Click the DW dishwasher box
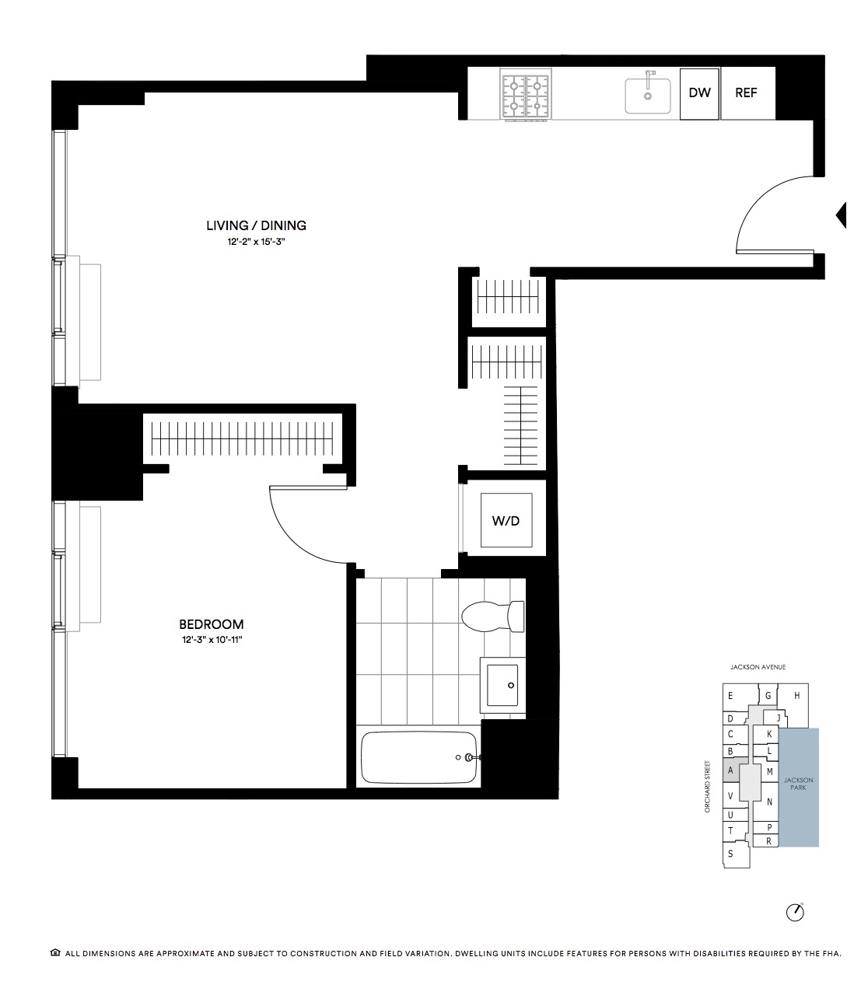coord(699,93)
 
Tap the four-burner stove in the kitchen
coord(526,94)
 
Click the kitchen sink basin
coord(648,96)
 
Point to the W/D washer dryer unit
coord(506,520)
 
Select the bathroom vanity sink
coord(502,685)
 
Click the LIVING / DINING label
coord(256,225)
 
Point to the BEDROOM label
coord(211,624)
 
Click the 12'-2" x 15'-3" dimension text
coord(256,242)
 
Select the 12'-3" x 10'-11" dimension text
coord(212,640)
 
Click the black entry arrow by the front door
coord(842,215)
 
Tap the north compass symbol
coord(795,912)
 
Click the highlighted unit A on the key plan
coord(730,770)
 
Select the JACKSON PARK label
coord(799,784)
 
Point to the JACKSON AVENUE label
coord(758,667)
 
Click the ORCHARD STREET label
coord(708,786)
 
